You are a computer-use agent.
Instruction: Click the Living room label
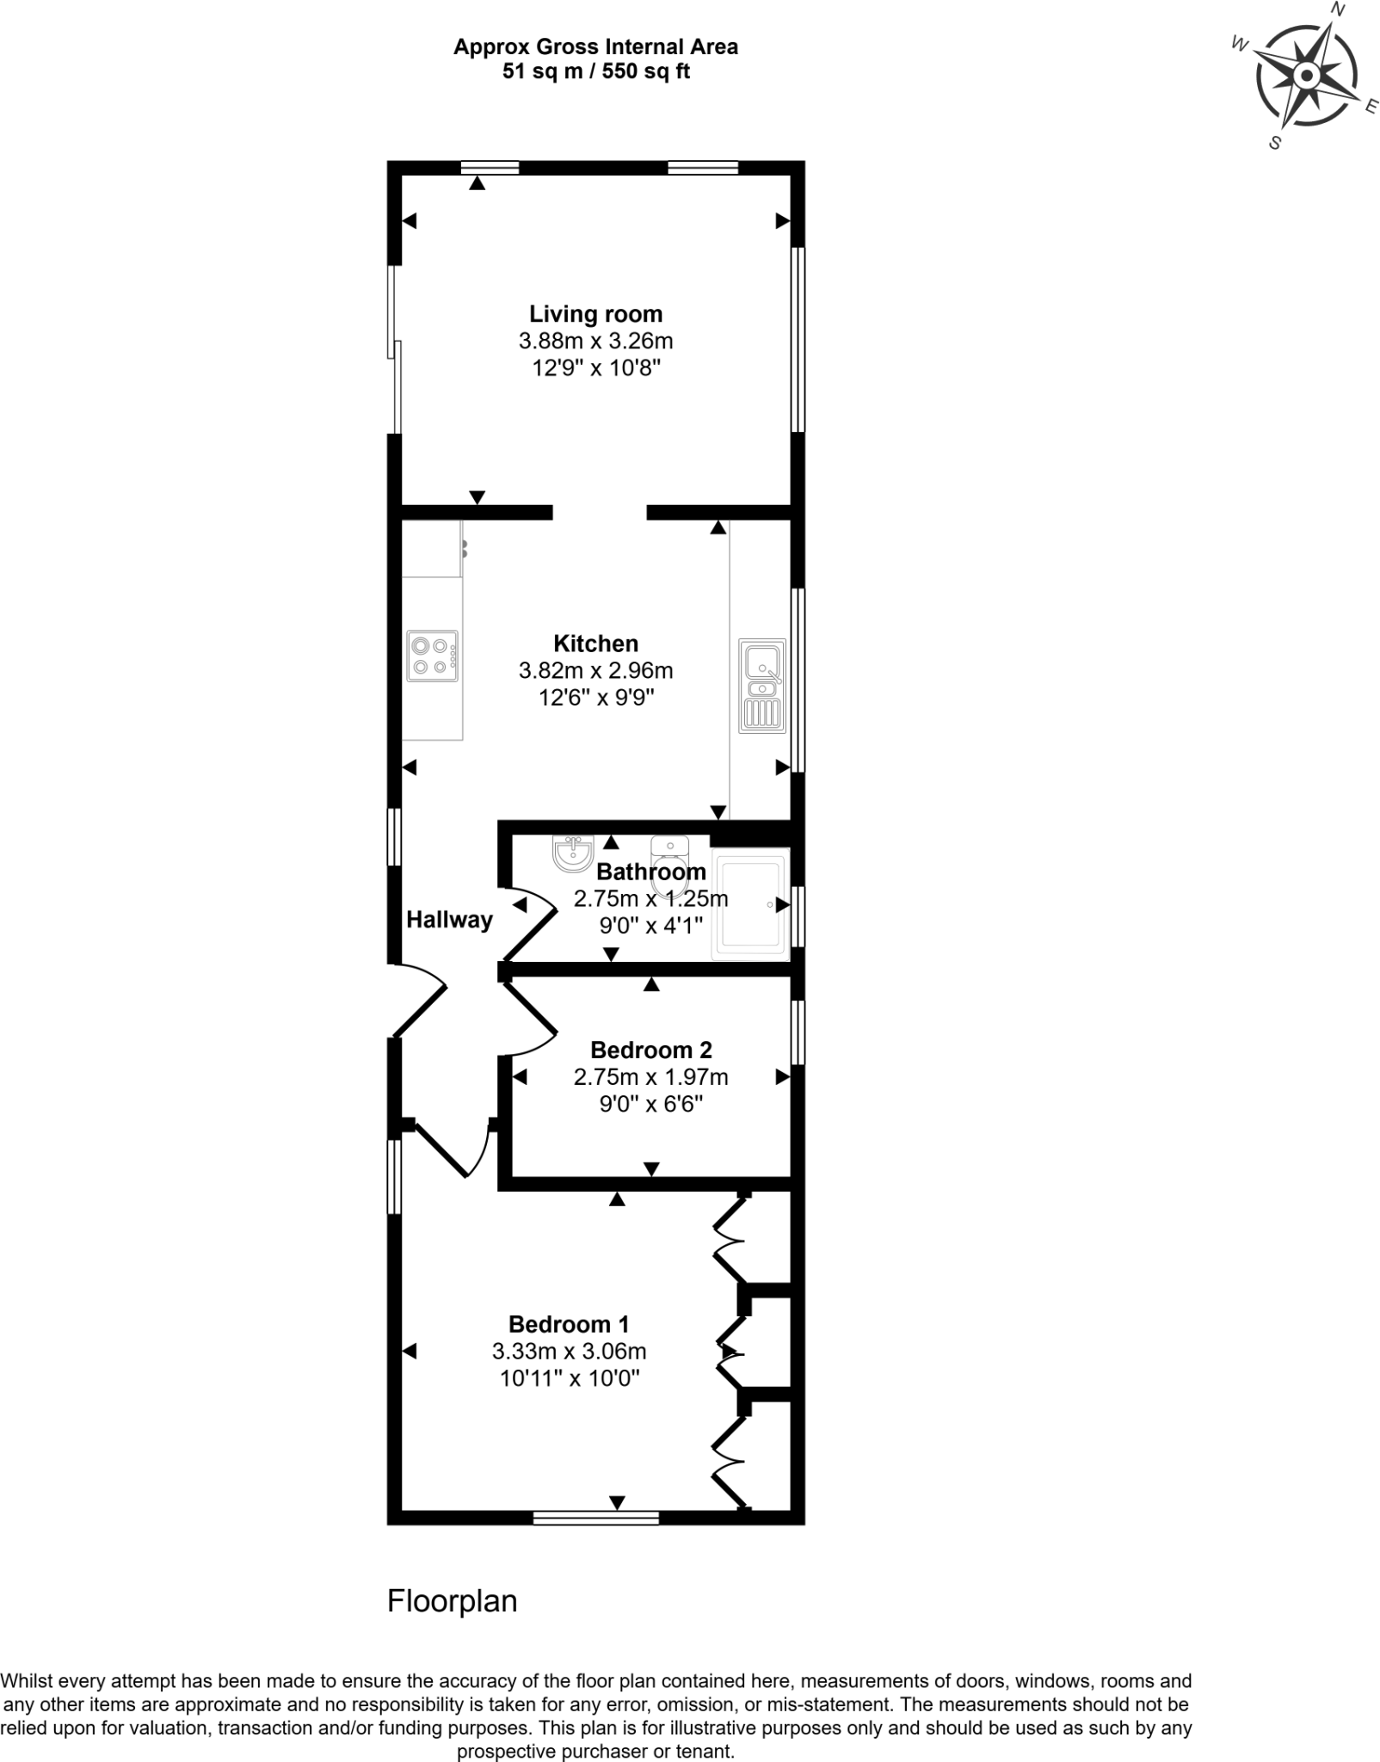595,314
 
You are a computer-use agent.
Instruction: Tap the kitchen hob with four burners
433,656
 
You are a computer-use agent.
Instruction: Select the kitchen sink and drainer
762,686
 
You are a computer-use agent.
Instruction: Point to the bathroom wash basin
572,852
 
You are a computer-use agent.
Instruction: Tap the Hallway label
449,920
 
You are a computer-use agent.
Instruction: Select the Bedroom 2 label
650,1050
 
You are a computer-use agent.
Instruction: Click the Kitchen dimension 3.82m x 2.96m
595,670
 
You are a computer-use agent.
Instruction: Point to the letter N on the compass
1337,9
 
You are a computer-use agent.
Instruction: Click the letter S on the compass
1275,144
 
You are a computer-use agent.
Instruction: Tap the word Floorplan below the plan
452,1601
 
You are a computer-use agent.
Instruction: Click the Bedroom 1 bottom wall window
595,1518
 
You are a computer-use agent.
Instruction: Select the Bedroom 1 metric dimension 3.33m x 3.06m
569,1351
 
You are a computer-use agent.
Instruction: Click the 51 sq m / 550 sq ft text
595,71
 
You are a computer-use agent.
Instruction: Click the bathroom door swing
533,925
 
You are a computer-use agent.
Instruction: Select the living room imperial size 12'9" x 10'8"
595,368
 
